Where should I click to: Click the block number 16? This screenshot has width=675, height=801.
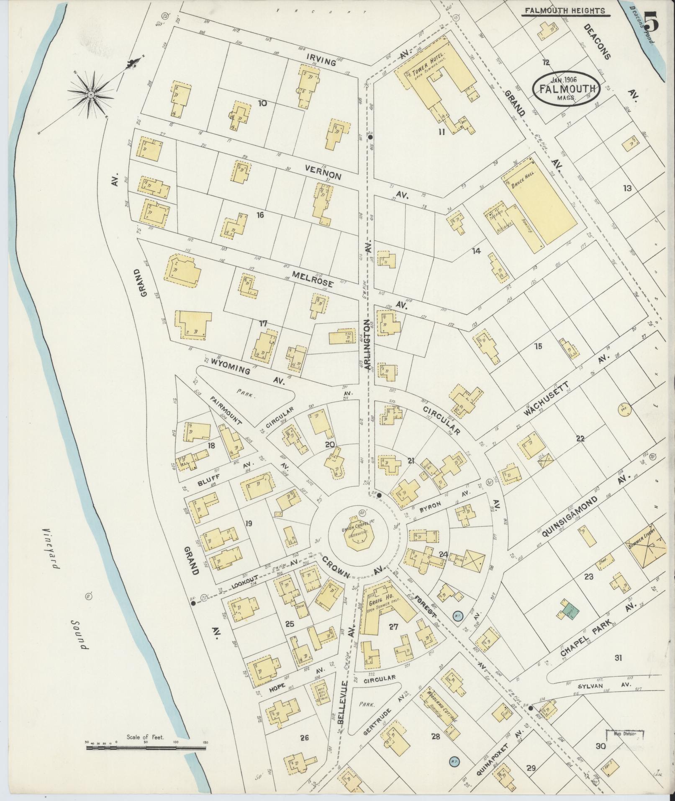[260, 216]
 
